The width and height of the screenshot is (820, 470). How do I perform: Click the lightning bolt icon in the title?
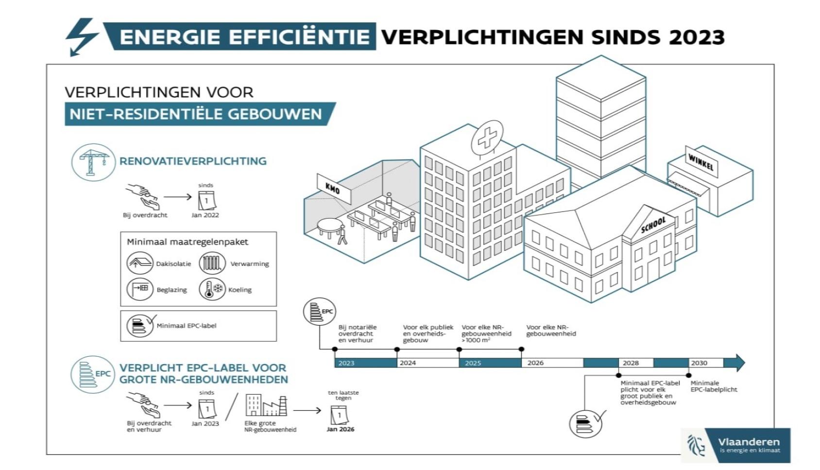tap(81, 36)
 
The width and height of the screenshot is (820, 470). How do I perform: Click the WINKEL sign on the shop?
tap(701, 162)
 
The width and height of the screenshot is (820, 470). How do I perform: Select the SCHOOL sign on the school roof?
tap(653, 225)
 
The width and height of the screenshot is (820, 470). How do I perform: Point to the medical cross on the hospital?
tap(486, 138)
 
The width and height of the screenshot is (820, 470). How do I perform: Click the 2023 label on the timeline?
tap(346, 363)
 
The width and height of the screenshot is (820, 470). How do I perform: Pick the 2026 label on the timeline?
tap(535, 363)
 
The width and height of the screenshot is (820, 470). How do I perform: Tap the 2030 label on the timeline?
tap(699, 363)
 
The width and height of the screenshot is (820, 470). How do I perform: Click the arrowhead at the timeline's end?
tap(739, 363)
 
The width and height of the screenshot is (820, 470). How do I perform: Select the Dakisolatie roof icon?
tap(140, 263)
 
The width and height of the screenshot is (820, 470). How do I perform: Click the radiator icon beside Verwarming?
tap(212, 263)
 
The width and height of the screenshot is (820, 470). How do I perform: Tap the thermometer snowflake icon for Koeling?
tap(212, 289)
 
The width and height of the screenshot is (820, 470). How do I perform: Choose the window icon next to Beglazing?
tap(140, 289)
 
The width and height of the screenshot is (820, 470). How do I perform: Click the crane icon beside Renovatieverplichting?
tap(93, 162)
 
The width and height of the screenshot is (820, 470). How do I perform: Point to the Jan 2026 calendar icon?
tap(339, 415)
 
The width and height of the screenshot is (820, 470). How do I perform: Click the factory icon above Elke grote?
tap(266, 405)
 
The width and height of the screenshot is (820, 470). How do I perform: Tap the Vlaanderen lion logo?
tap(696, 445)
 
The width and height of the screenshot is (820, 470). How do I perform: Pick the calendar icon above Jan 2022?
tap(207, 200)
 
